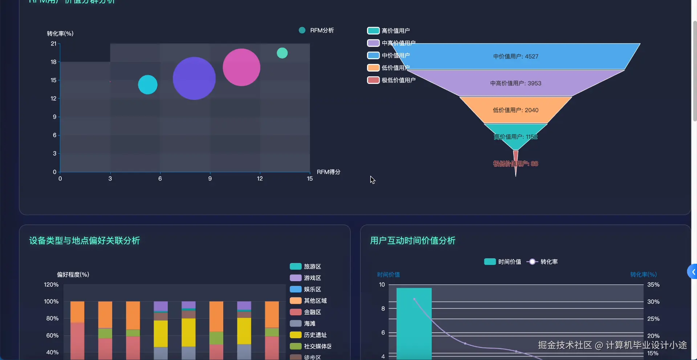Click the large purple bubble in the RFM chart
click(x=194, y=78)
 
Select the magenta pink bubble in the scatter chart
click(x=241, y=67)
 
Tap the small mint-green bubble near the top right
click(x=282, y=53)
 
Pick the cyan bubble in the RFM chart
click(x=148, y=85)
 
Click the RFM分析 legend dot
click(x=302, y=30)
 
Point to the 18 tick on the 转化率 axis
click(x=54, y=62)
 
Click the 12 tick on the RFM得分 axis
click(x=260, y=178)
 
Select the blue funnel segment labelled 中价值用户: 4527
click(x=515, y=56)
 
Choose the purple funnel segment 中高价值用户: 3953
click(x=515, y=83)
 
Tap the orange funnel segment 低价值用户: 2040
click(x=515, y=110)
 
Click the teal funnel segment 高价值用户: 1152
click(x=515, y=136)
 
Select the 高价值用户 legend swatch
click(x=373, y=31)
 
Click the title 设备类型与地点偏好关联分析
click(x=85, y=240)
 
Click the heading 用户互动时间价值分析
click(x=413, y=240)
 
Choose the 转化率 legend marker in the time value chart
click(x=532, y=262)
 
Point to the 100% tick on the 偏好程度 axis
click(x=51, y=302)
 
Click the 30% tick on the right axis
click(x=653, y=302)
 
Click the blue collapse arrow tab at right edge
click(x=693, y=272)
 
